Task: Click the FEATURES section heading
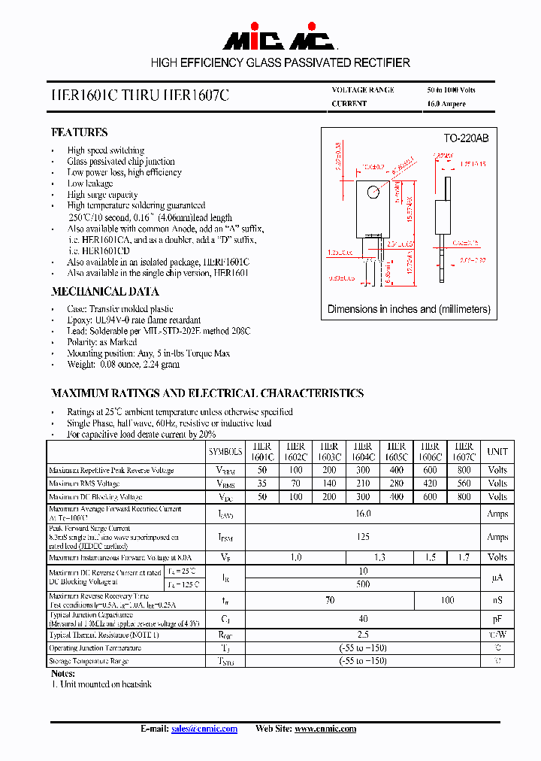click(79, 132)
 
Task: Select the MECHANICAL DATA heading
click(104, 292)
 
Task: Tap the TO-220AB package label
click(465, 138)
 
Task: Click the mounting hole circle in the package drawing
click(373, 193)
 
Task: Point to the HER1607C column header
click(464, 451)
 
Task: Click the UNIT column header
click(497, 451)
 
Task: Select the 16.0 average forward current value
click(363, 514)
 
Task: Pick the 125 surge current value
click(363, 537)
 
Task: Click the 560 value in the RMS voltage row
click(464, 484)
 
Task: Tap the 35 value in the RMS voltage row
click(262, 484)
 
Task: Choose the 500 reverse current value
click(363, 584)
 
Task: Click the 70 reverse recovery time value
click(329, 601)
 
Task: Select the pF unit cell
click(497, 618)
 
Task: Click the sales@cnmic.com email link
click(204, 729)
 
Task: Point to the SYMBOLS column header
click(225, 451)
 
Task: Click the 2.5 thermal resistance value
click(363, 635)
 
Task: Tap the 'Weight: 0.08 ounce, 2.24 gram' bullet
click(123, 365)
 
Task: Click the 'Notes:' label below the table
click(63, 674)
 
